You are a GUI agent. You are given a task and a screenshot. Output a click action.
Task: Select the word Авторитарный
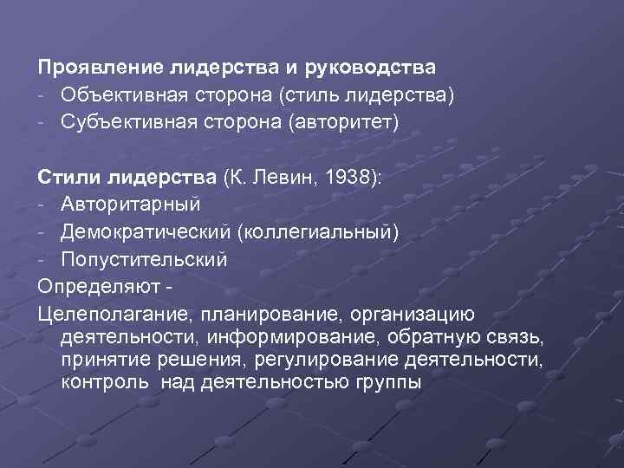point(131,205)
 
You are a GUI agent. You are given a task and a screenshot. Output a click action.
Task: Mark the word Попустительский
point(145,259)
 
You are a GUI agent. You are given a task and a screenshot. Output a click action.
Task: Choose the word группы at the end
point(387,381)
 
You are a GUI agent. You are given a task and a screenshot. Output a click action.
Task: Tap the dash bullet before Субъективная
point(42,122)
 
